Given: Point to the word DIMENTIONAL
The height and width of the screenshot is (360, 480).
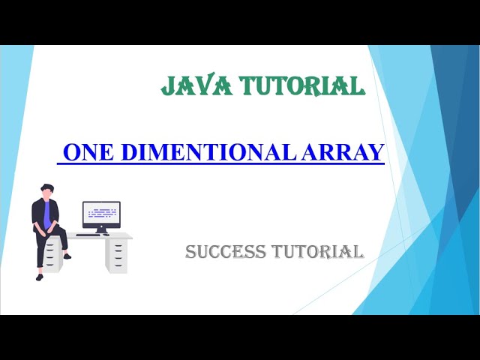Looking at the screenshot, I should click(200, 152).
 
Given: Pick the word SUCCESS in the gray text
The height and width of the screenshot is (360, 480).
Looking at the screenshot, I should click(226, 251).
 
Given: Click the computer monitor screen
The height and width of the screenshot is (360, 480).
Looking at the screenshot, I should click(101, 213).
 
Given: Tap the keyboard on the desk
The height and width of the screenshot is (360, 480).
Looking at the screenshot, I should click(88, 234).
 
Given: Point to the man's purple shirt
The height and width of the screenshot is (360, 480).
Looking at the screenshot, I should click(49, 217).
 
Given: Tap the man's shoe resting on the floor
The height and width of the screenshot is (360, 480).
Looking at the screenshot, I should click(40, 277).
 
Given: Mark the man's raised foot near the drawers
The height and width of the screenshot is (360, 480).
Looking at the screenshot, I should click(67, 256).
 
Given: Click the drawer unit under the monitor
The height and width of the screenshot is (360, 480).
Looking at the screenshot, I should click(116, 255).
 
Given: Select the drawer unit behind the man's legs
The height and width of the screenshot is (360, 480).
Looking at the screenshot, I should click(51, 255).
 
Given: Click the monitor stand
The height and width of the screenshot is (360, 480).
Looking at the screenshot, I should click(101, 229).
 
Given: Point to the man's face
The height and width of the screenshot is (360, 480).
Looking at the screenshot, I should click(49, 193).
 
